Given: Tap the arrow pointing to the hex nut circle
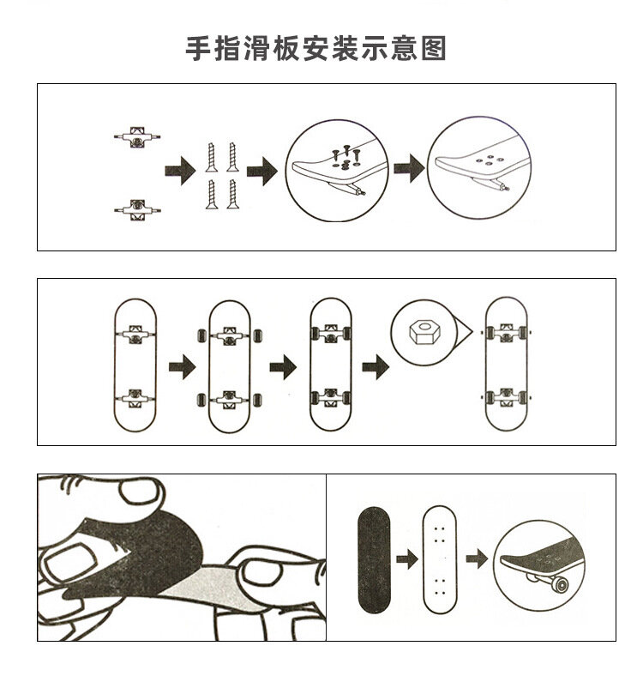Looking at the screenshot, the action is point(374,368).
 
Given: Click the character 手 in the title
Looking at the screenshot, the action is point(200,48).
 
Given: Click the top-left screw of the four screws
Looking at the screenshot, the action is point(210,156).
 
